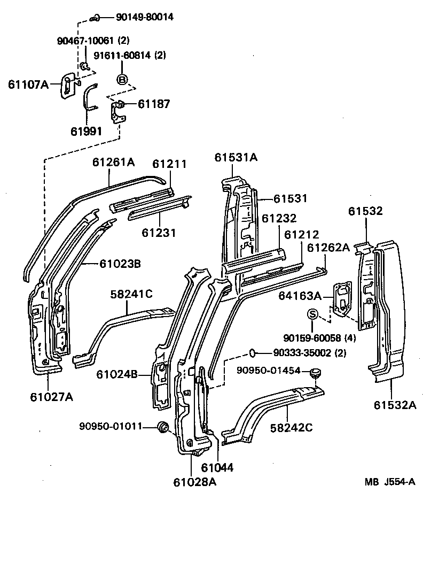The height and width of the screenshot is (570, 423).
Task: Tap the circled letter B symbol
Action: point(122,79)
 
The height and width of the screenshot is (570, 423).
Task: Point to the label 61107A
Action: point(28,84)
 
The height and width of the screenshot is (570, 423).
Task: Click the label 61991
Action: point(86,132)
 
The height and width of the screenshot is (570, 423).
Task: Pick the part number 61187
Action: point(154,104)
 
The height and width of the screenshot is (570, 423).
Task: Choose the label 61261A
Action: point(113,161)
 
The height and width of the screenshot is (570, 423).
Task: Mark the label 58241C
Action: point(131,294)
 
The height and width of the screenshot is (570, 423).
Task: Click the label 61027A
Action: point(52,396)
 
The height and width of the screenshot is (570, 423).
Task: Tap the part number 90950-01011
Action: point(111,426)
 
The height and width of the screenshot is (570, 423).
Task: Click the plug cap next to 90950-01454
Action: point(316,372)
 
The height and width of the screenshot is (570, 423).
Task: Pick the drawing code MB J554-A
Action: point(390,482)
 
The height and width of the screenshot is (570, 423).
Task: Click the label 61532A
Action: point(395,405)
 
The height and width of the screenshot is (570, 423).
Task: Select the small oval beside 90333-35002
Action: point(254,352)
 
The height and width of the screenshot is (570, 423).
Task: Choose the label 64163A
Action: point(299,296)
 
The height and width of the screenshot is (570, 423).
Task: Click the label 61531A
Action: point(236,157)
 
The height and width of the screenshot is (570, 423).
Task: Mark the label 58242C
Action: point(291,427)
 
